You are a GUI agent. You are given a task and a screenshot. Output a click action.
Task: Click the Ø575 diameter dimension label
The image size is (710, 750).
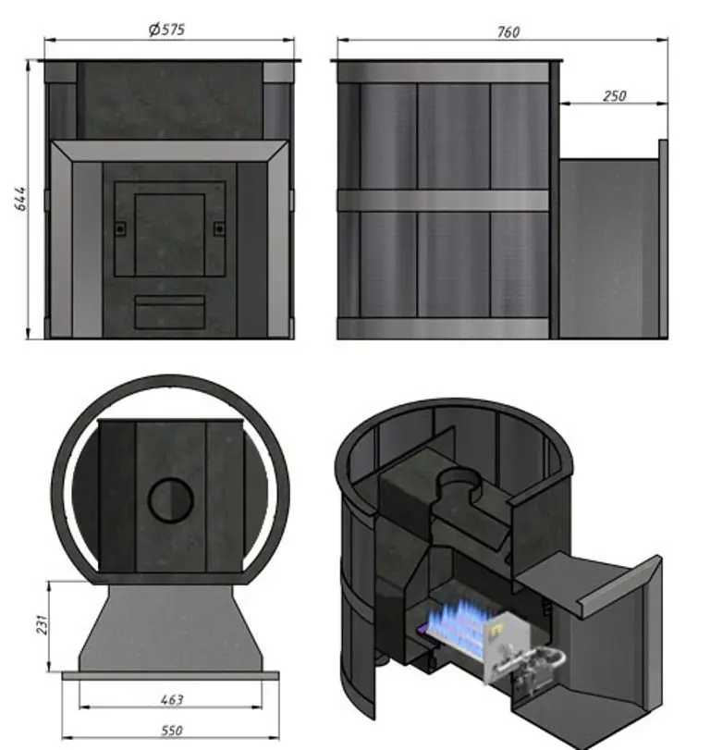coord(166,30)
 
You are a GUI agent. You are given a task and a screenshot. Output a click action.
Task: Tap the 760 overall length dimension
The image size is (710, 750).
coord(508,32)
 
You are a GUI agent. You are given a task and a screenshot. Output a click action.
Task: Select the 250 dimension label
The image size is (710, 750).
coord(614,96)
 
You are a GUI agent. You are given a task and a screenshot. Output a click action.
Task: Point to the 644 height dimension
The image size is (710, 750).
coord(20,199)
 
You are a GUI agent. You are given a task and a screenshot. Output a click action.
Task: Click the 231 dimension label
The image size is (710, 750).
coord(43,624)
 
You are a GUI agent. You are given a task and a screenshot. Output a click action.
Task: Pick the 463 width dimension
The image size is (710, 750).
coord(172,700)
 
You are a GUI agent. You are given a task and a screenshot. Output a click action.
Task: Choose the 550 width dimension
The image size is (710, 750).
coord(172,731)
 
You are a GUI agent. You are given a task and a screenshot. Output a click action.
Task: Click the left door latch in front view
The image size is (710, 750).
coord(120,228)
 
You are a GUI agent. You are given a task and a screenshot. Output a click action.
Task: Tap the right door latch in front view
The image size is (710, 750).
coord(219,228)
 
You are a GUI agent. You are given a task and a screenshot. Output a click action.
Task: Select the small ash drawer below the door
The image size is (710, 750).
coord(170,312)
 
